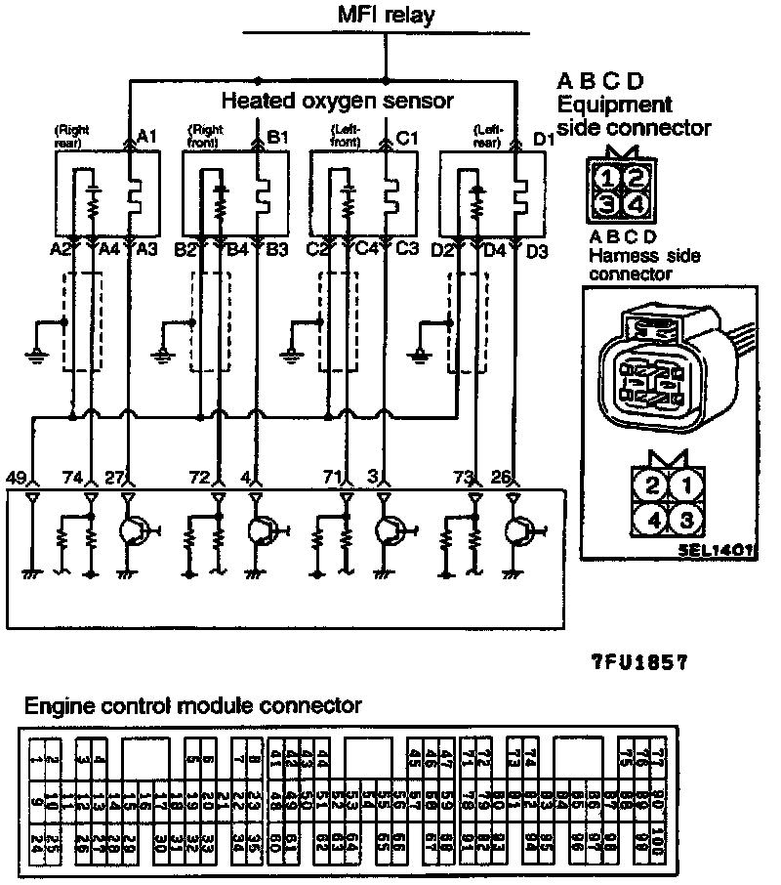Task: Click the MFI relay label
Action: pyautogui.click(x=386, y=15)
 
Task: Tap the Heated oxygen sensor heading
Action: pyautogui.click(x=337, y=101)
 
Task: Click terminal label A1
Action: pyautogui.click(x=147, y=137)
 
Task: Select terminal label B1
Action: pyautogui.click(x=277, y=137)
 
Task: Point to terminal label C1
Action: pyautogui.click(x=407, y=138)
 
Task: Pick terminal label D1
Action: pyautogui.click(x=543, y=141)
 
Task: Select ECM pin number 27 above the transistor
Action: pyautogui.click(x=114, y=478)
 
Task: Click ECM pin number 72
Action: pyautogui.click(x=199, y=478)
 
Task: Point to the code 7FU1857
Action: pyautogui.click(x=640, y=661)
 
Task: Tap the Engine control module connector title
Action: pyautogui.click(x=193, y=705)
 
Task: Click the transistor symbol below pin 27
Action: pyautogui.click(x=133, y=530)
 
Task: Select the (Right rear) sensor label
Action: pyautogui.click(x=72, y=135)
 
